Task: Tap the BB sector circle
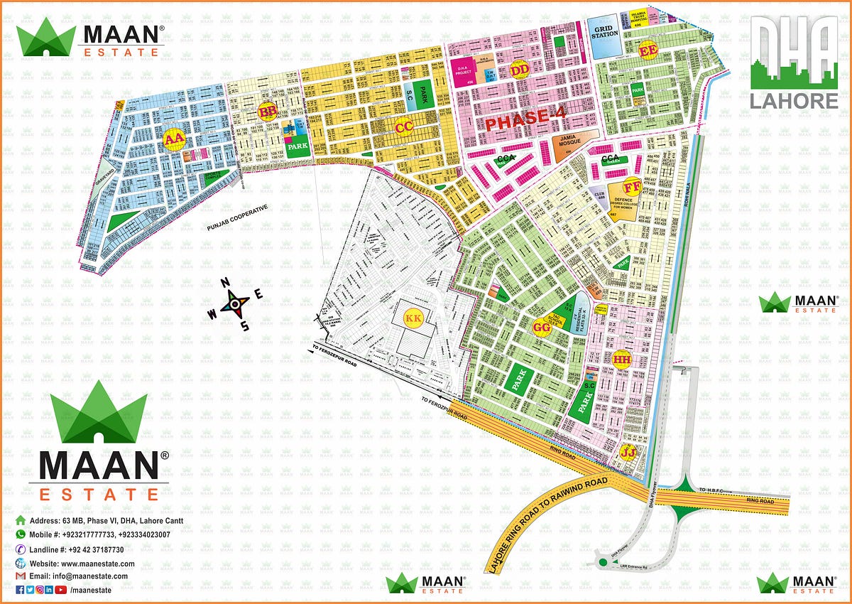coord(268,112)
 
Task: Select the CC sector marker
coord(403,127)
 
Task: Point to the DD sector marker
coord(519,70)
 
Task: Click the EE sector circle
coord(648,51)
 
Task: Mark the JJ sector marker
coord(628,452)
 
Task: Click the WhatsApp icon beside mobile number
coord(21,534)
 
